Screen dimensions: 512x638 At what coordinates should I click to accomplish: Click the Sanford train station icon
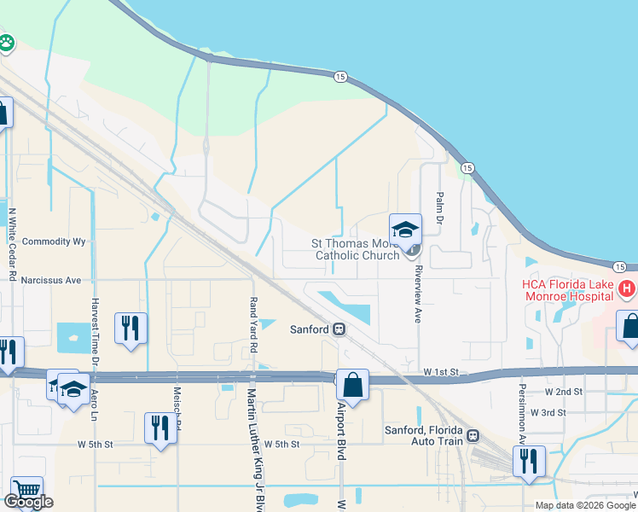[339, 329]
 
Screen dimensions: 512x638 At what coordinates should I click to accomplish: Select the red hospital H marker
[627, 289]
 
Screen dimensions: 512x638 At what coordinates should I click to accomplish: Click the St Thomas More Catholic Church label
[356, 249]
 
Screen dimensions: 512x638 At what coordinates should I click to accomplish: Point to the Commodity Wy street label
[55, 241]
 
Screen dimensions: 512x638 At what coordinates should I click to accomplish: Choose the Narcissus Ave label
[51, 280]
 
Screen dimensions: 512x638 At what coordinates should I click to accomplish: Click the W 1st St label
[441, 373]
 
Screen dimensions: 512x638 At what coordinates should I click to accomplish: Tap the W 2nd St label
[565, 392]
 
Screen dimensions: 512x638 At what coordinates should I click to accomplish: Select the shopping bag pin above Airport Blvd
[352, 384]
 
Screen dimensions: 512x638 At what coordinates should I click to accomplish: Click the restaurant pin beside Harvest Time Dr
[130, 328]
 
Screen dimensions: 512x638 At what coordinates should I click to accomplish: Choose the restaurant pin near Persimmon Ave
[530, 461]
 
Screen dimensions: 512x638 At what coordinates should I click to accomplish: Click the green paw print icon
[5, 43]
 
